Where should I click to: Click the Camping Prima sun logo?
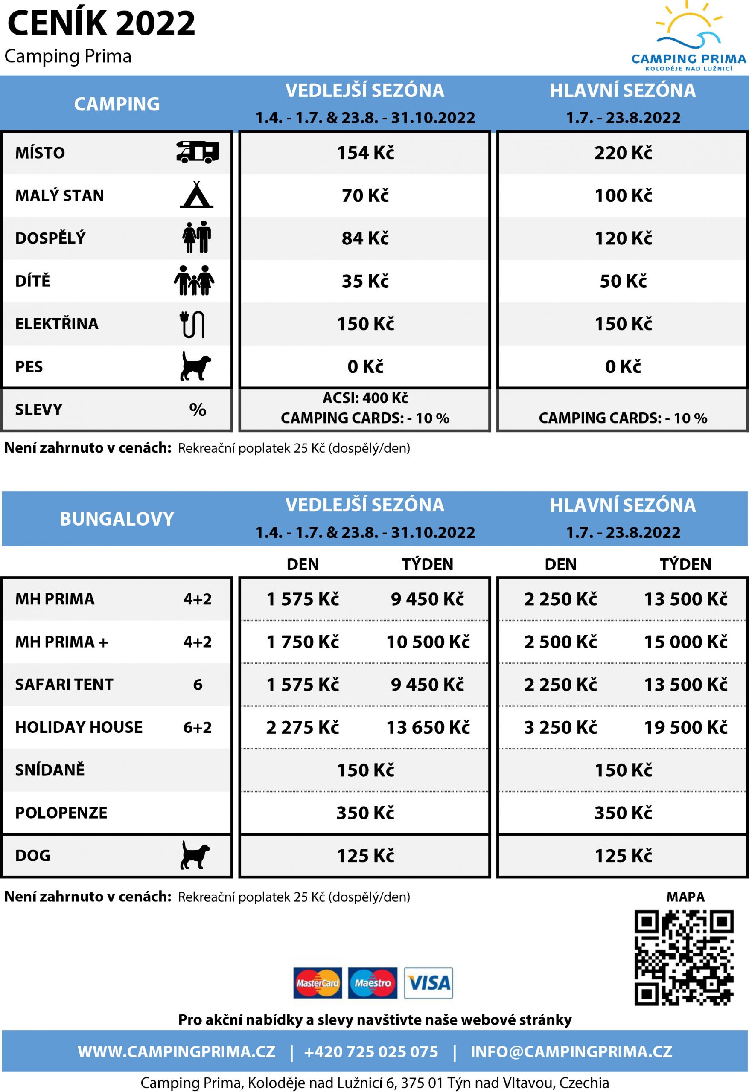[688, 35]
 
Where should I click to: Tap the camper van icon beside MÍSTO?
[198, 152]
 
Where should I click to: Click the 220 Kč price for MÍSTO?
[623, 153]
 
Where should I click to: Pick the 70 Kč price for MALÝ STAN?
[365, 195]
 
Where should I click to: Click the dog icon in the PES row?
[195, 366]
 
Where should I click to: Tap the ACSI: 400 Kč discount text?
[365, 398]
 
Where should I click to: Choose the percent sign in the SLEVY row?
[198, 410]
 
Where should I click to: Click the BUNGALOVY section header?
[117, 519]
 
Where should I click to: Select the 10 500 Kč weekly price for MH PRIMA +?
[428, 642]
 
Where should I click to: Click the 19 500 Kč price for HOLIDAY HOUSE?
[685, 727]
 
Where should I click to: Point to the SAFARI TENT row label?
[64, 685]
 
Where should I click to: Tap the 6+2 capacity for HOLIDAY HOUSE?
[198, 727]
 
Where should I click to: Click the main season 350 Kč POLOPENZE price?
[623, 813]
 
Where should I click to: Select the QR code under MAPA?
[684, 958]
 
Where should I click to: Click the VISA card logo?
[428, 983]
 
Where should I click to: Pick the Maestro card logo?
[373, 983]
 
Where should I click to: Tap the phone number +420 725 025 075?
[371, 1051]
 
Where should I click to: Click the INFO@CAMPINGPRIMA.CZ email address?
[571, 1051]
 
